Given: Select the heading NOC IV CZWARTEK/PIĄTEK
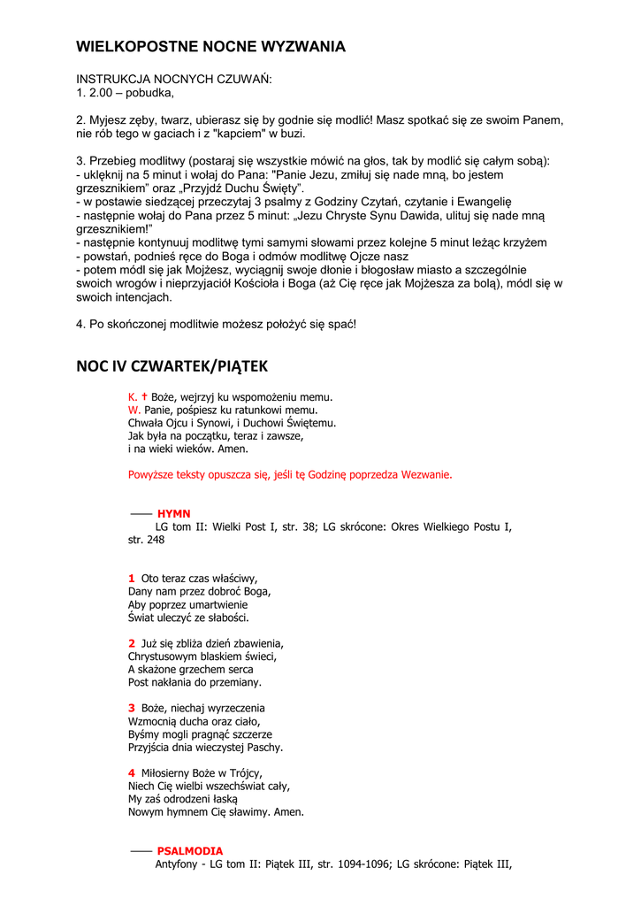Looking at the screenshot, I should coord(172,366).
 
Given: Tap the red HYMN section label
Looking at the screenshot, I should coord(173,513).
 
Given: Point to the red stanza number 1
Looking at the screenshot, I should coord(131,578).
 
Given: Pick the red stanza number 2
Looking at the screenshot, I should coord(131,643).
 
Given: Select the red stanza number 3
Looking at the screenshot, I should coord(131,708).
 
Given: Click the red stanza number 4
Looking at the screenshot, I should coord(131,773).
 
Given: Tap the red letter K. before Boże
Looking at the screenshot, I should coord(133,397).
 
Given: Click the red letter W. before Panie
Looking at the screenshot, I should coord(134,410).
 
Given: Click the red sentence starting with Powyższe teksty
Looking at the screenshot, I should coord(289,474).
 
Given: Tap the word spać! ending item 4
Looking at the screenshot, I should coord(337,325).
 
